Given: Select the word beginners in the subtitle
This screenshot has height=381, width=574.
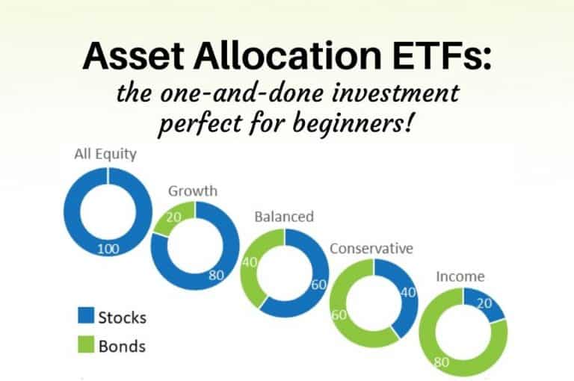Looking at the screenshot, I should click(358, 118).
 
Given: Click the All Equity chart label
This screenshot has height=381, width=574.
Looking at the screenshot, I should click(105, 155).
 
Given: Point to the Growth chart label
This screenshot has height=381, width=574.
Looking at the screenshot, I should click(192, 190).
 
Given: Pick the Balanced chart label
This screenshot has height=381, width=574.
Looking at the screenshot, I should click(284, 217).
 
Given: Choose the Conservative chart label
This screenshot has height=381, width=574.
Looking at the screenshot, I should click(372, 248).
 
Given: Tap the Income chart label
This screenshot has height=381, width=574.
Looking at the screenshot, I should click(460, 276).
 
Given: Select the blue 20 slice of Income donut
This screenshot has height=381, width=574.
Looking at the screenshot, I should click(484, 304).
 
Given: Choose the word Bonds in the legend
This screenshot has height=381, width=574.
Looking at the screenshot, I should click(122, 347).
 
